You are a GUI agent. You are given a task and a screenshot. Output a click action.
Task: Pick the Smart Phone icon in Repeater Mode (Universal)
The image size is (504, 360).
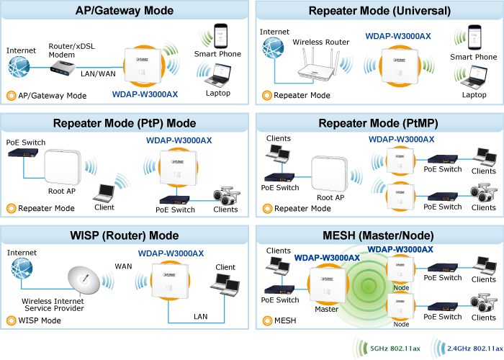coord(473,38)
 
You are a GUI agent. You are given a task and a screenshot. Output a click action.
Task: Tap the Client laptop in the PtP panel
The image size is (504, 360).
coord(105,192)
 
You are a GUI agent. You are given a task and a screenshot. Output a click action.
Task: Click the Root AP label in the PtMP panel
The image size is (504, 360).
coord(330,197)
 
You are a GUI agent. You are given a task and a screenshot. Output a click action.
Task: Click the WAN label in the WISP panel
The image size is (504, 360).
coord(123,266)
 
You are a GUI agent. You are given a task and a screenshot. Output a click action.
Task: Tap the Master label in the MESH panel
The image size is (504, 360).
coord(326,310)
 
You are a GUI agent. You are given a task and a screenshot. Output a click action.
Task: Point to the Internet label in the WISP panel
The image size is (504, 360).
coord(22,253)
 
